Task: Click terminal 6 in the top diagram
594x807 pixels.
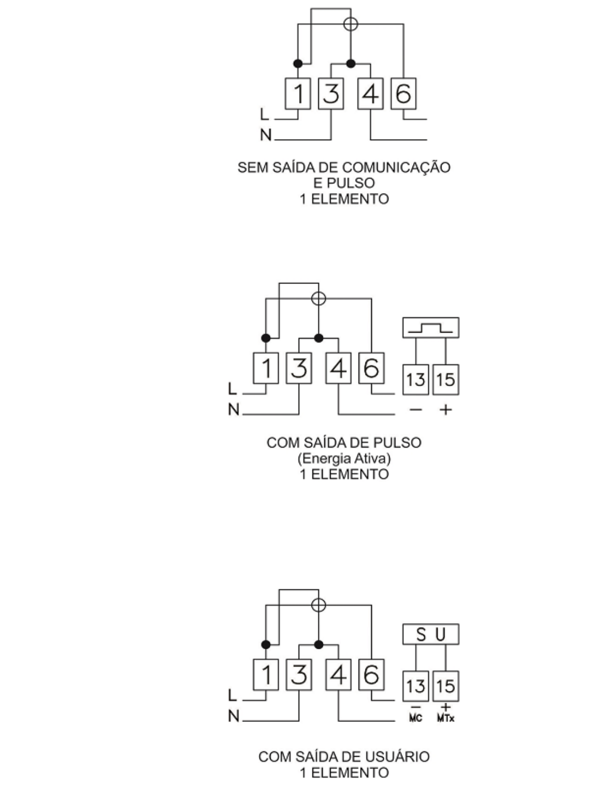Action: tap(403, 93)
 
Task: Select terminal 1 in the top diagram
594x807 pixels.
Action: tap(298, 93)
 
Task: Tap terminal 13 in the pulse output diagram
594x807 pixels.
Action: tap(416, 380)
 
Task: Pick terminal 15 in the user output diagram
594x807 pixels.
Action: tap(445, 686)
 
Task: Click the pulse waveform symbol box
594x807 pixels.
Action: tap(431, 327)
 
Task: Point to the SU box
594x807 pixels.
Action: tap(431, 634)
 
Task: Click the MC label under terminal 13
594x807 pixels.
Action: tap(416, 718)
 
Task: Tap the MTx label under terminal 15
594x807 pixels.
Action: tap(446, 718)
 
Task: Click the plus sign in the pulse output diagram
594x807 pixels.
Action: tap(446, 410)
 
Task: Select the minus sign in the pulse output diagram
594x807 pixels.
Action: tap(416, 410)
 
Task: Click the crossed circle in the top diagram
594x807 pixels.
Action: tap(351, 24)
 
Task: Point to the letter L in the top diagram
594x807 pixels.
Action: tap(264, 114)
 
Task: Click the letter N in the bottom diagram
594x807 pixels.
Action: tap(233, 716)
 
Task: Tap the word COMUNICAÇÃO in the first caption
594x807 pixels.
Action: tap(396, 167)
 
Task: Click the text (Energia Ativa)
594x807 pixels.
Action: tap(344, 458)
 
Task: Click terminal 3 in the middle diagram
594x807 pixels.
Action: tap(299, 368)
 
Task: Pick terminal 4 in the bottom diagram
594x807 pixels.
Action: tap(338, 675)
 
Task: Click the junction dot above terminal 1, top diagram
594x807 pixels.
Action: tap(298, 64)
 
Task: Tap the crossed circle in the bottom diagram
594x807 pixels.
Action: tap(318, 605)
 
